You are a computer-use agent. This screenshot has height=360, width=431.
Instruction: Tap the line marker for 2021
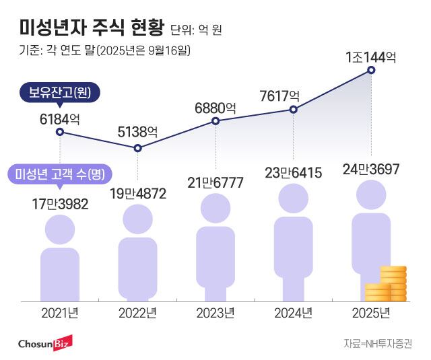[x=60, y=133]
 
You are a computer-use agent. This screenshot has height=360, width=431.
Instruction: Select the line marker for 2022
[x=138, y=148]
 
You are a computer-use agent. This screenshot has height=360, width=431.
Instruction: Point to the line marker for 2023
[x=215, y=121]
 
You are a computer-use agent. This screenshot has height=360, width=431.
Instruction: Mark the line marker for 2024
[x=294, y=109]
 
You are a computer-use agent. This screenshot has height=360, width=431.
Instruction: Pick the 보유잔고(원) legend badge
[x=60, y=93]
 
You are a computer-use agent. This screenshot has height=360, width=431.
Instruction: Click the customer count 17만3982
[x=61, y=205]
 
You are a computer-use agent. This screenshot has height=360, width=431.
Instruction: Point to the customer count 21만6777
[x=215, y=183]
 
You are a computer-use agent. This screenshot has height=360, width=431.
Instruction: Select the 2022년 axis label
[x=138, y=312]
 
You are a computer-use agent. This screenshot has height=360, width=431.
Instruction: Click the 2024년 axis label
[x=294, y=312]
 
